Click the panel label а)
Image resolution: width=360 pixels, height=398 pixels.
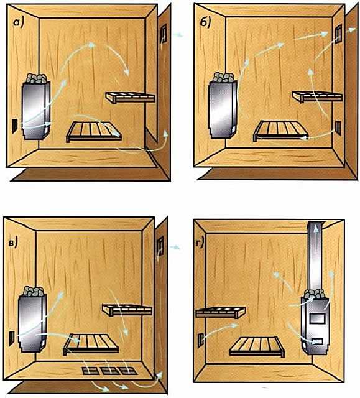pos(19,22)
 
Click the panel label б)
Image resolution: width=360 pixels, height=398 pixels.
pos(205,23)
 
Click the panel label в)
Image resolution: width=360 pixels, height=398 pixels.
pos(13,243)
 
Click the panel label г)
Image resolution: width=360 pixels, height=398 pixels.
pos(200,243)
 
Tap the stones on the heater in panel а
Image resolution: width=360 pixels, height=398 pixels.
pos(37,78)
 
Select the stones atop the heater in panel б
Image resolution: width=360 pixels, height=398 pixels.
pos(223,77)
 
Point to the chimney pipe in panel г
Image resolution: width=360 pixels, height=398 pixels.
pos(315,256)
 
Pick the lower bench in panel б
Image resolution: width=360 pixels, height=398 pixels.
pos(281,131)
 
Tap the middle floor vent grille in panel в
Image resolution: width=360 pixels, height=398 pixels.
pos(110,371)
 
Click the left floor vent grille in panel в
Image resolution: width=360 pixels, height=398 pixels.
pos(91,371)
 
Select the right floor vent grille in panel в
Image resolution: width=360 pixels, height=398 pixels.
pos(128,371)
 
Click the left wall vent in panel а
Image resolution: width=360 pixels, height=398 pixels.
pos(15,126)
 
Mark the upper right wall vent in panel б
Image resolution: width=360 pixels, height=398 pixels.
pos(338,34)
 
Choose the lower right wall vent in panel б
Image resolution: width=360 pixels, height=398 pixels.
pos(338,127)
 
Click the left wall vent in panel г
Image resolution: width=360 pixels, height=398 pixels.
pos(201,340)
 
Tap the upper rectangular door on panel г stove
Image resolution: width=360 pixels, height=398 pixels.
pos(317,318)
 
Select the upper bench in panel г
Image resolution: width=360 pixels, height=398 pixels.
pos(221,312)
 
